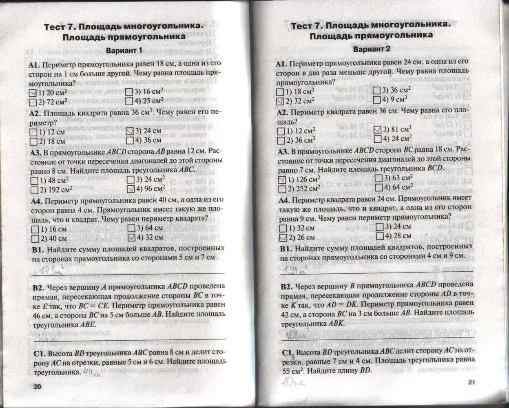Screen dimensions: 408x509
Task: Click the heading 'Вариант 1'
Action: click(124, 51)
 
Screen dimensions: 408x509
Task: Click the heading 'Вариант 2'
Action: click(371, 49)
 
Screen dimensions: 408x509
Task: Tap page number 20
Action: click(38, 387)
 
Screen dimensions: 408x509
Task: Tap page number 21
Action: click(472, 382)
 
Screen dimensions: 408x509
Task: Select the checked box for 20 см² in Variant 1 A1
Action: click(34, 93)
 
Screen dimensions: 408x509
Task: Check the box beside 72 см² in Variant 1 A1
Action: click(34, 102)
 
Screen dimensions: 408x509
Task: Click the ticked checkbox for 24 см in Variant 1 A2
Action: click(130, 131)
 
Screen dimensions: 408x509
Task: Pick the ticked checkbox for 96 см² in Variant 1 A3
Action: click(131, 189)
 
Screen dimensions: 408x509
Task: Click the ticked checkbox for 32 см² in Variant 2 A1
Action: click(280, 101)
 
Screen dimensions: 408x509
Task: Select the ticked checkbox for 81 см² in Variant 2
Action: click(377, 130)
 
